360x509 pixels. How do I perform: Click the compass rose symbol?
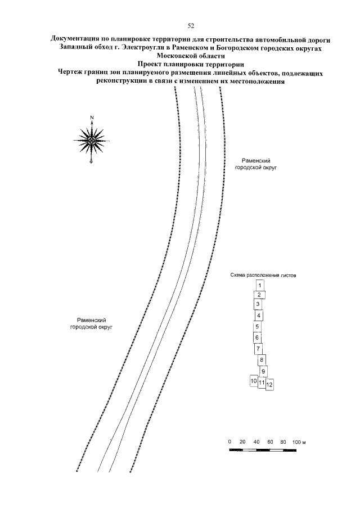pyautogui.click(x=91, y=139)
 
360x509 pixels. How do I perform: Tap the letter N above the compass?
pyautogui.click(x=91, y=118)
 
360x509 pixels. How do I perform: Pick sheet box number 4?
pyautogui.click(x=259, y=316)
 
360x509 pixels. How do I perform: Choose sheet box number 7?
pyautogui.click(x=258, y=349)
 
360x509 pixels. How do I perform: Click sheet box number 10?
pyautogui.click(x=254, y=382)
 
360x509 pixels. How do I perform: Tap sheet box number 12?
pyautogui.click(x=269, y=385)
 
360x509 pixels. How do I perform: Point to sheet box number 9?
pyautogui.click(x=263, y=371)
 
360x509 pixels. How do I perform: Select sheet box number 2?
pyautogui.click(x=258, y=295)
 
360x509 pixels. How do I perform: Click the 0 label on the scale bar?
pyautogui.click(x=230, y=443)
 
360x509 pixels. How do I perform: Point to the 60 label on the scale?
pyautogui.click(x=271, y=443)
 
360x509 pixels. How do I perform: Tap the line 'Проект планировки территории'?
pyautogui.click(x=191, y=64)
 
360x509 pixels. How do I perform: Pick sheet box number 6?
pyautogui.click(x=257, y=337)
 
